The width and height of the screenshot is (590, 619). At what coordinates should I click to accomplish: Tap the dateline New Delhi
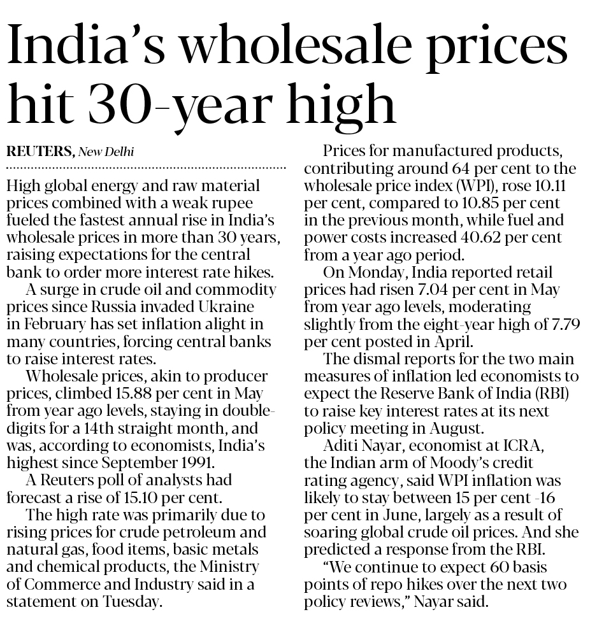106,153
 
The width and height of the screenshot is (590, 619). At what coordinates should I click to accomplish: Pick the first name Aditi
341,445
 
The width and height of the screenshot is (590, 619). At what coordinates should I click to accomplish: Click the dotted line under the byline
145,167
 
